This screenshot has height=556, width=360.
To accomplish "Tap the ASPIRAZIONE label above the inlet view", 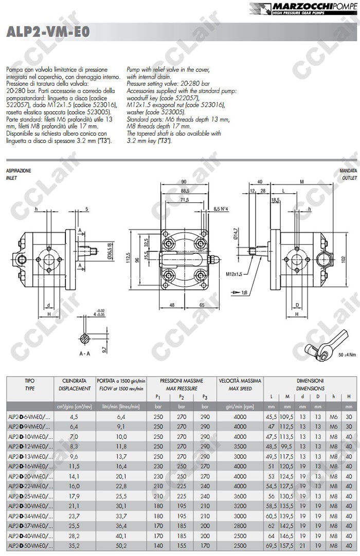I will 18,170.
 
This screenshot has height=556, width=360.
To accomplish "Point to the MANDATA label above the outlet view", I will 348,170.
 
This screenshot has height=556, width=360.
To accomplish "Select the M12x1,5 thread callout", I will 234,274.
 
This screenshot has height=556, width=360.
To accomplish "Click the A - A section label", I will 85,354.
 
